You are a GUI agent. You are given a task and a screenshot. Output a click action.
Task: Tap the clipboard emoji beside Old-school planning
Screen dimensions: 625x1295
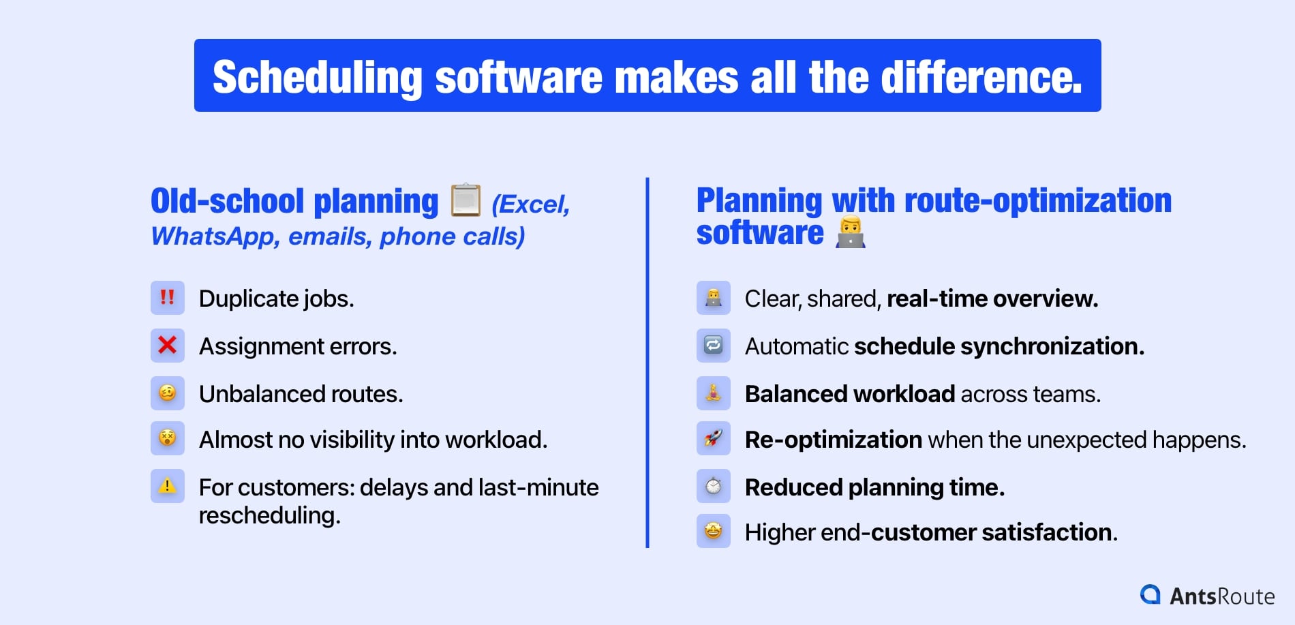[466, 200]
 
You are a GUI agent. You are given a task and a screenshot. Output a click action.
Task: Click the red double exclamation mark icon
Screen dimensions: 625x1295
[167, 298]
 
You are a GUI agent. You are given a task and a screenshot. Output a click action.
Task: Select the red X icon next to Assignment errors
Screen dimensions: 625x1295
[167, 346]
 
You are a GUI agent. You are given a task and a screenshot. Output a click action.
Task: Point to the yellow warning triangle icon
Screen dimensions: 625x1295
[167, 486]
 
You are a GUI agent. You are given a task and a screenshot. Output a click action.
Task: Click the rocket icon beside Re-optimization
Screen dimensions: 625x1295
[713, 438]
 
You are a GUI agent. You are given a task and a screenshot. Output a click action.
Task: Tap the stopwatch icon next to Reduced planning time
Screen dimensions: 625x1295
[713, 486]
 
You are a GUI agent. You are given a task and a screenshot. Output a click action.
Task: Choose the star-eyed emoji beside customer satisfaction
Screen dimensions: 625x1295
[713, 531]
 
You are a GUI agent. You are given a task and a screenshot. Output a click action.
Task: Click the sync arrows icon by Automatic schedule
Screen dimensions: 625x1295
[713, 346]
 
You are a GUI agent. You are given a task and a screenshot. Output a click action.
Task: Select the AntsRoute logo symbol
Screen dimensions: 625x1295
[1151, 594]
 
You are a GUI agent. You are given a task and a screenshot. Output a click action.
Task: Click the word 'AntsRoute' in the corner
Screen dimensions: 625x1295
[1221, 596]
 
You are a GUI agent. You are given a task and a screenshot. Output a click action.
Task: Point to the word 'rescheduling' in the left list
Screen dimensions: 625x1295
[269, 515]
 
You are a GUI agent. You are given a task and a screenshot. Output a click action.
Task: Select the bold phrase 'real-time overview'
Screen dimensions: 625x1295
[992, 299]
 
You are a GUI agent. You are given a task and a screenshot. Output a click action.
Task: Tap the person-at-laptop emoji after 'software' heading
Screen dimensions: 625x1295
[850, 233]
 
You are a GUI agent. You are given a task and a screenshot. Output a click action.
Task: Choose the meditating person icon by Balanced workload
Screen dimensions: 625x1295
[713, 393]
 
